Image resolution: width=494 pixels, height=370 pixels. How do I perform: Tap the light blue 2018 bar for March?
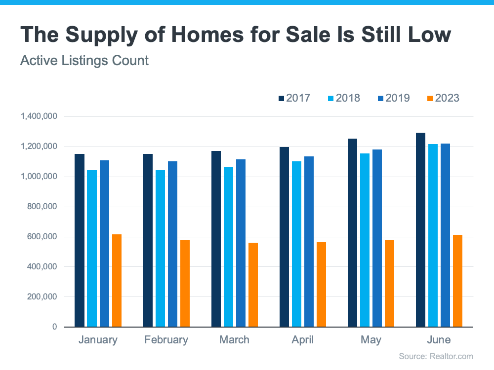pos(228,247)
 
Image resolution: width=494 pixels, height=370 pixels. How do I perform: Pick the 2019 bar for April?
pos(309,241)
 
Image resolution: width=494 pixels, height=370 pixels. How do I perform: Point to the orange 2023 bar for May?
pos(389,283)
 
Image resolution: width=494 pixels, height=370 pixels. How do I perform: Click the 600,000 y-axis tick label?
pos(42,237)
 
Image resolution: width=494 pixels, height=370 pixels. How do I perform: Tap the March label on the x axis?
pos(234,340)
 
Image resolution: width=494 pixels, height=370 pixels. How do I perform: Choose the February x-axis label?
pos(166,340)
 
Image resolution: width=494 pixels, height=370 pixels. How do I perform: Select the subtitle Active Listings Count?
pos(84,61)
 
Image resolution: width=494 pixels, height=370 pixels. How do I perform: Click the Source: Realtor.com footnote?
pos(436,356)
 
